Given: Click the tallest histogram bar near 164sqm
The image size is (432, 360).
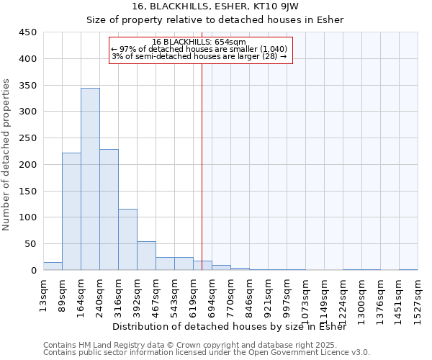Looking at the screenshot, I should [x=90, y=179].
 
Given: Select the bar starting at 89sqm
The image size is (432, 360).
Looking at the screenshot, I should [x=71, y=212].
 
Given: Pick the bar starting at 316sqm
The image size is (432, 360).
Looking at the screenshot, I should [x=127, y=240].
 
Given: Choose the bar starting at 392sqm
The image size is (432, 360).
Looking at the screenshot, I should [x=146, y=256].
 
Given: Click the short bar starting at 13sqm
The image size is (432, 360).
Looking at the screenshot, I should [x=53, y=266].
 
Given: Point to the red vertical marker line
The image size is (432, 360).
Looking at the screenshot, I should [x=202, y=166].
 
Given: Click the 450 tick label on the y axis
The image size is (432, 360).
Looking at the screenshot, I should [x=28, y=32].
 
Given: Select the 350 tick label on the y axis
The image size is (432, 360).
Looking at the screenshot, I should [x=28, y=86].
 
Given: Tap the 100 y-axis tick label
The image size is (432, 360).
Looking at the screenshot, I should [x=28, y=217].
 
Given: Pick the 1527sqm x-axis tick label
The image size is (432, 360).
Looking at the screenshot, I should [x=418, y=300].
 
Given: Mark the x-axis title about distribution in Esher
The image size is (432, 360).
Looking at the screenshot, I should [x=230, y=326].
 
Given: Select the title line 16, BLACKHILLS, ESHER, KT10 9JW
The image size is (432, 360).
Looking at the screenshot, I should [x=215, y=6].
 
